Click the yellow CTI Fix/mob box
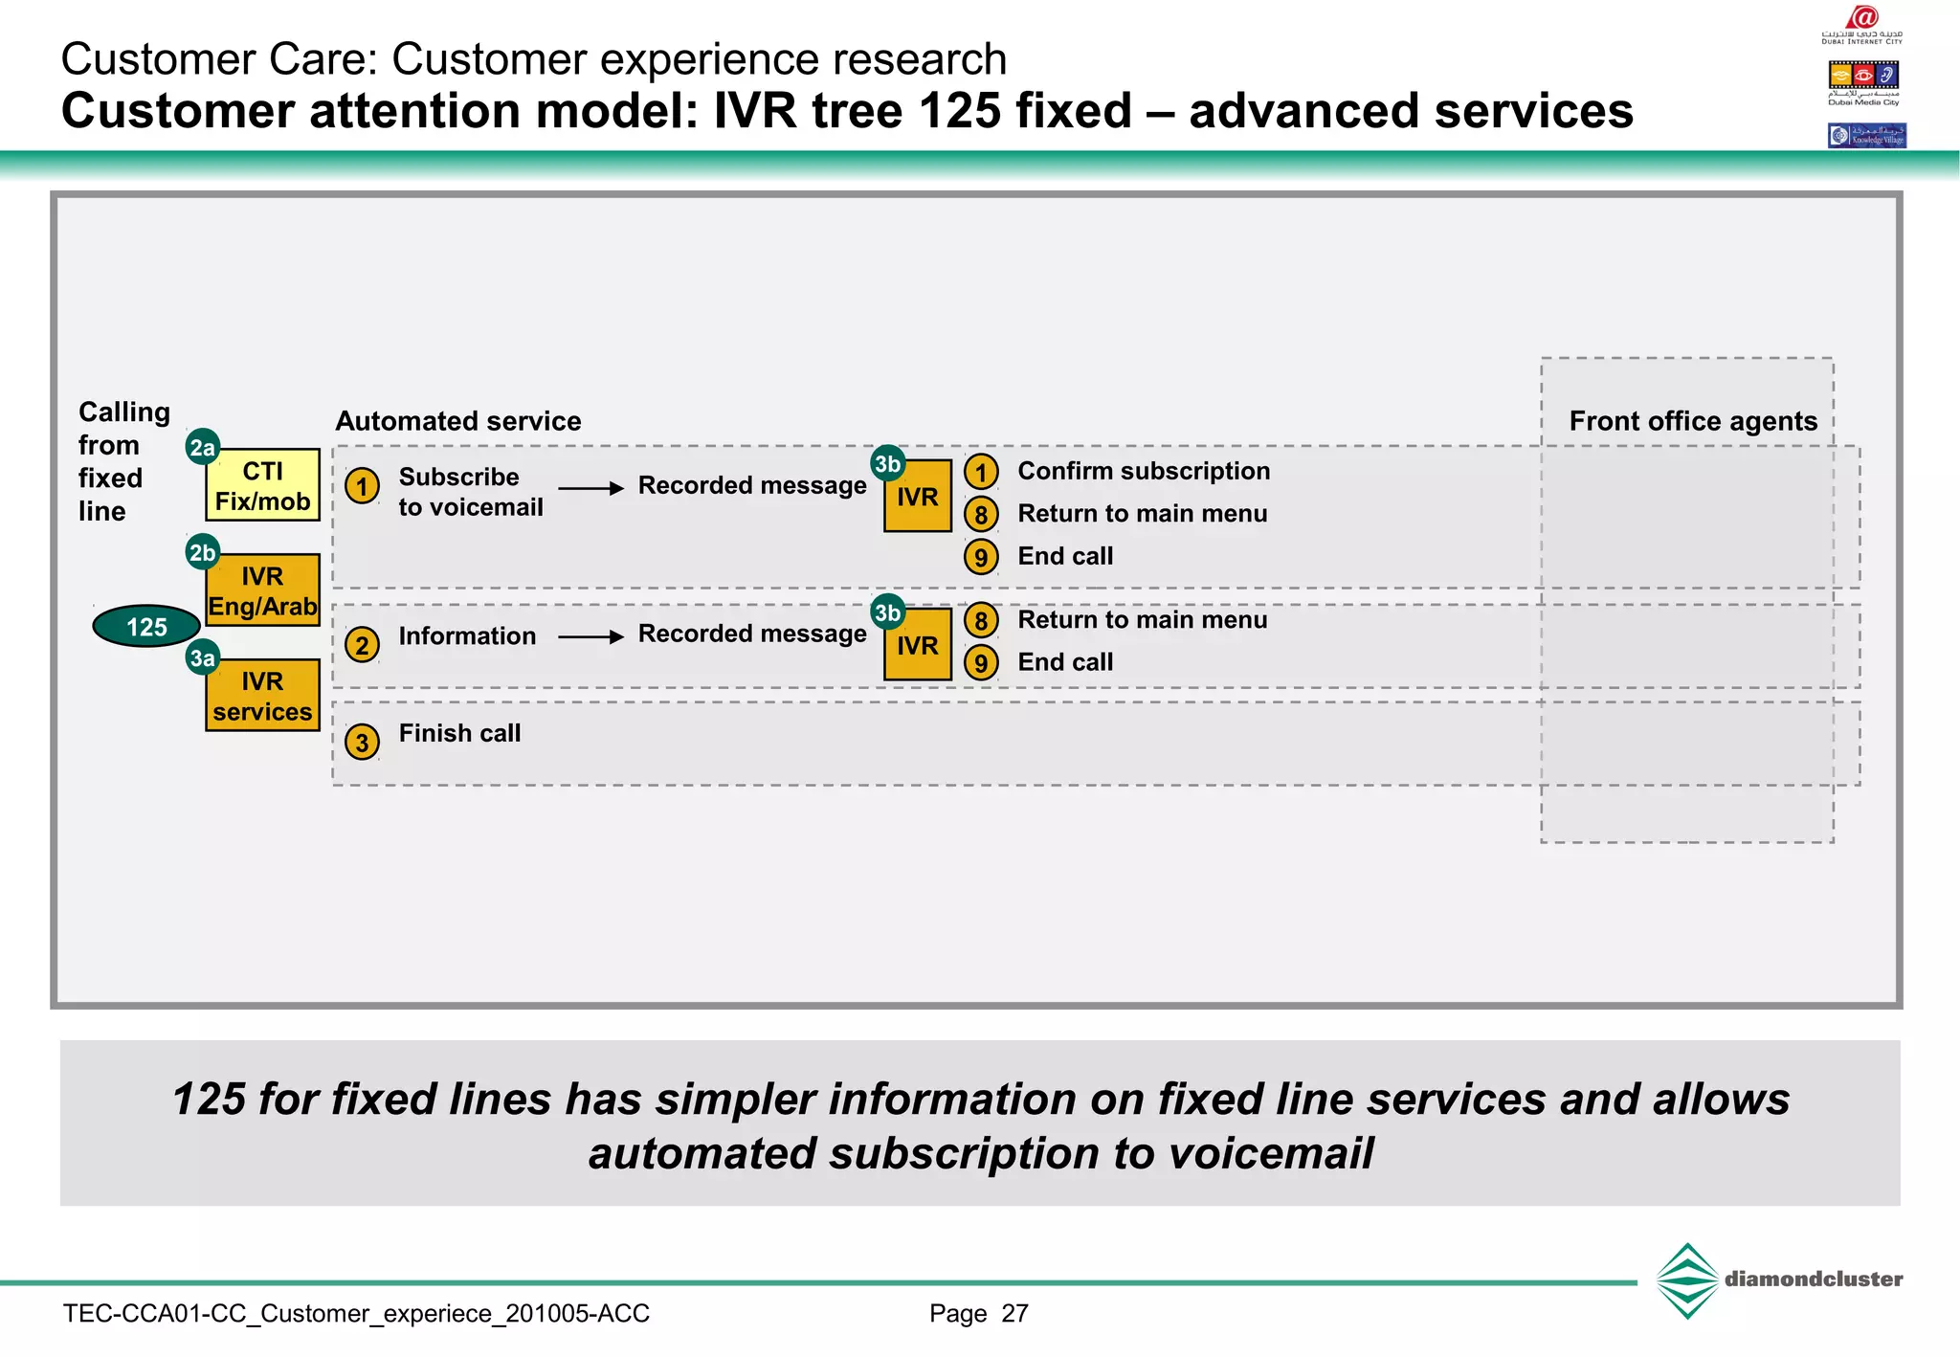(262, 485)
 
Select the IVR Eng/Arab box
(262, 590)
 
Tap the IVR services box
(262, 696)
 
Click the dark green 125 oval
(146, 627)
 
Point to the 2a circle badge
(202, 447)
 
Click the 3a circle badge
(202, 657)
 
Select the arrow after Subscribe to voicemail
(590, 488)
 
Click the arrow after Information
(590, 636)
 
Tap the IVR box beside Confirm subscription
(917, 497)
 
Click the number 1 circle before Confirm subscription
(981, 472)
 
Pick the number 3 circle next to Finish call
(362, 742)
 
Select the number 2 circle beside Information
(362, 645)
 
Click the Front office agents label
(1692, 421)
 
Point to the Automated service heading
(457, 421)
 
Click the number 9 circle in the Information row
(981, 662)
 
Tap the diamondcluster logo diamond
(1686, 1280)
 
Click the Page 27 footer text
(978, 1313)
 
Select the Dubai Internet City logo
(1862, 24)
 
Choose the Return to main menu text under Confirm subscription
(1142, 514)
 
